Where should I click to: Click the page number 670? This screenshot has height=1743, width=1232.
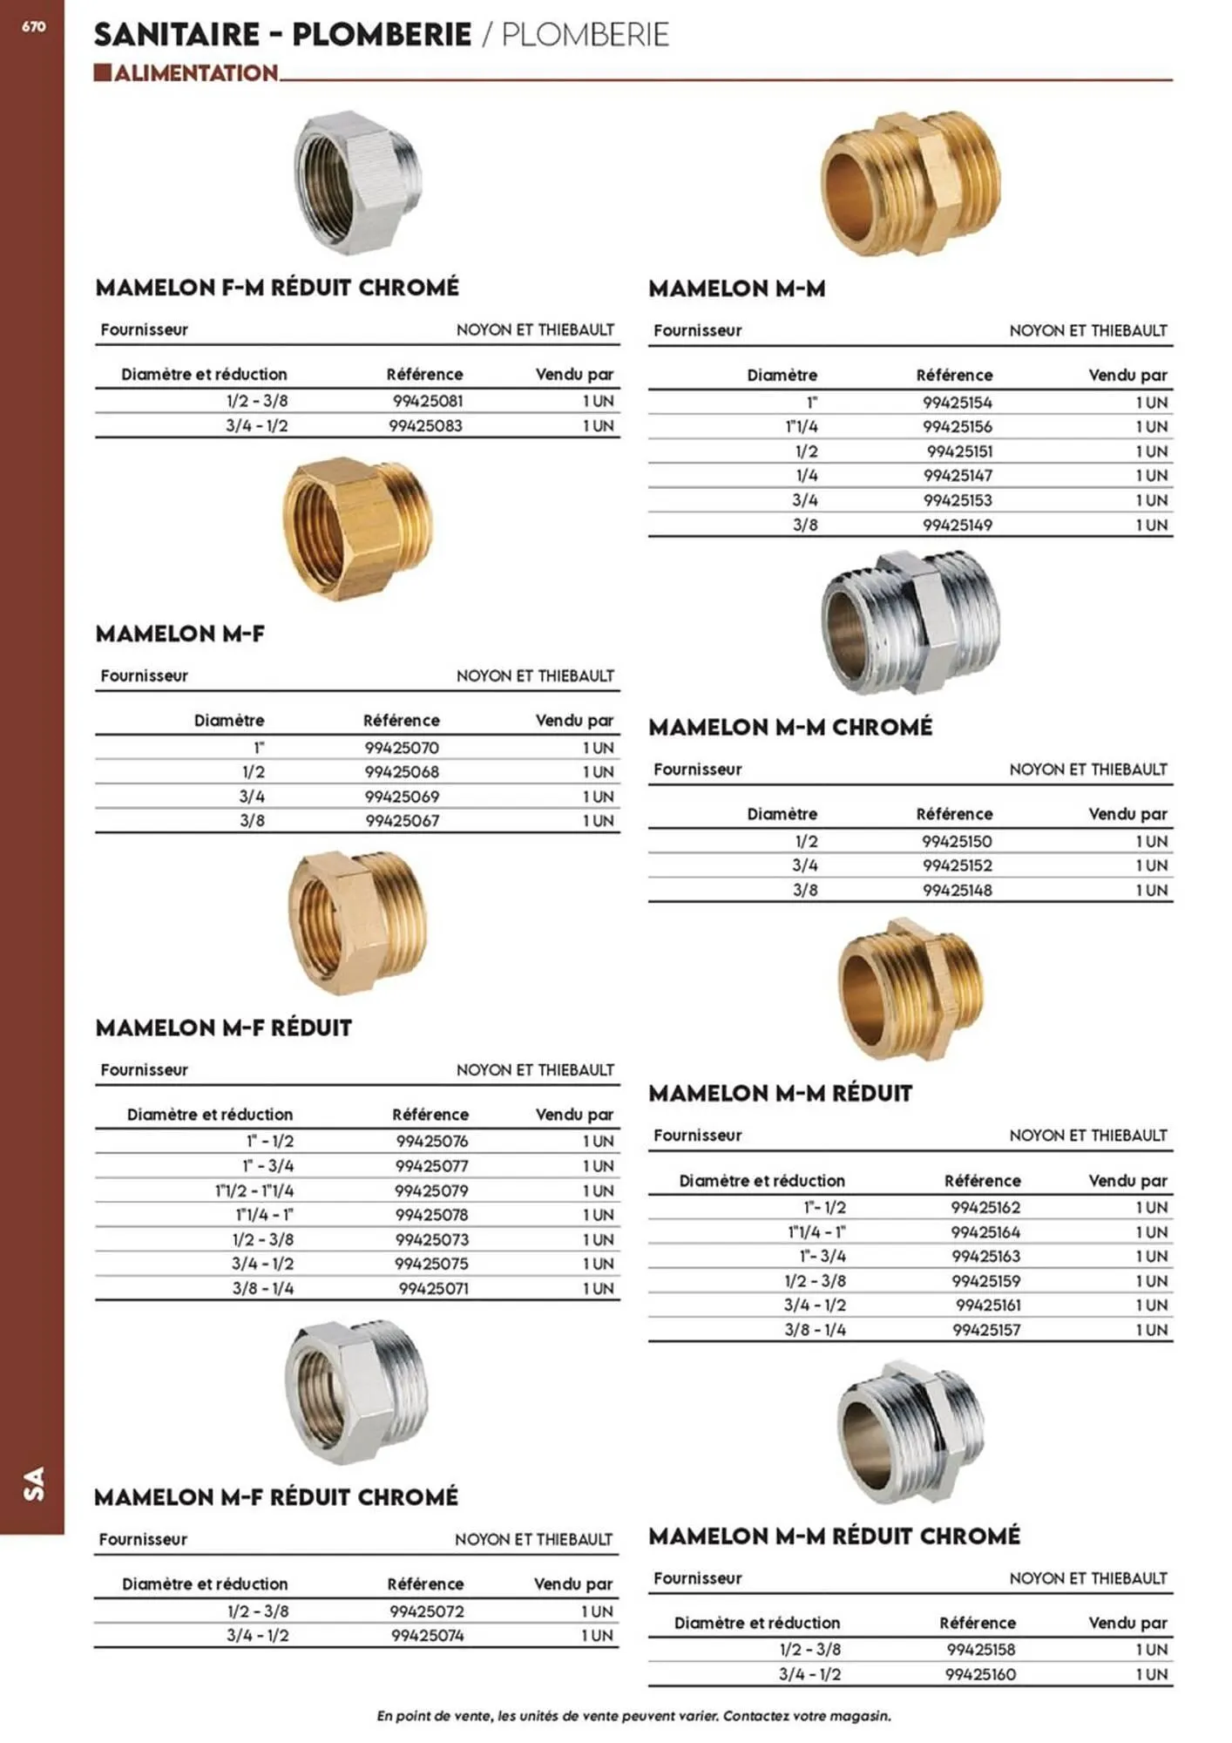coord(33,27)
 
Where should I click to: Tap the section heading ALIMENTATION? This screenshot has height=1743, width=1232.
coord(195,73)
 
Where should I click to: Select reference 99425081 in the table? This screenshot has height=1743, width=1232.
coord(427,401)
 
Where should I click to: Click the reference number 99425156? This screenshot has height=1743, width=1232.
coord(958,427)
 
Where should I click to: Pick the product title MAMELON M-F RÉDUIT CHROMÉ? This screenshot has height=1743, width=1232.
coord(276,1497)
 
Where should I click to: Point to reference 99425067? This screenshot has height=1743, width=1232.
coord(402,821)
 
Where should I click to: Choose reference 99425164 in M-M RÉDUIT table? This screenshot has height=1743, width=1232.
coord(985,1232)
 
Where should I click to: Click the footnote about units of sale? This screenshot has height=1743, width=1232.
coord(633,1716)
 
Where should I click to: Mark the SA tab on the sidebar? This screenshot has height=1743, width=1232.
coord(33,1483)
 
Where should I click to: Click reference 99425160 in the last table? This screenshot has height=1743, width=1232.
coord(980,1674)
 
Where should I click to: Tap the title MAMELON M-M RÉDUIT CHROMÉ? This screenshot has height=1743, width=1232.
coord(834,1536)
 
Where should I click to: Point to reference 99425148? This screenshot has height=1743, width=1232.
coord(957,891)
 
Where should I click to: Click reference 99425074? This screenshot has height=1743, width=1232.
coord(427,1636)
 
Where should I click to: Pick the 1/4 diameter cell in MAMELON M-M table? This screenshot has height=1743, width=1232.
coord(806,476)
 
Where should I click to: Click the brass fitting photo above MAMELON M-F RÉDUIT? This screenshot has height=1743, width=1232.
coord(357,924)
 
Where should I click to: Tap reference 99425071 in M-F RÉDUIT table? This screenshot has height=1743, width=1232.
coord(433,1288)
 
